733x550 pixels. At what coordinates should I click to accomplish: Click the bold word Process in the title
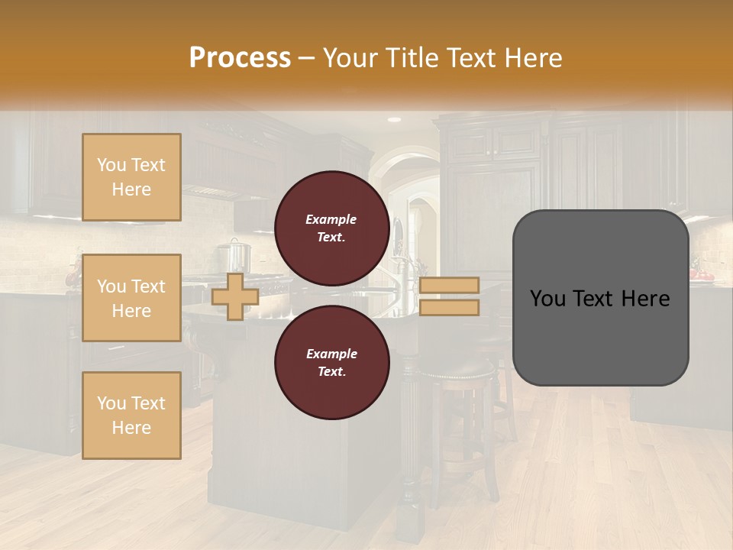point(240,58)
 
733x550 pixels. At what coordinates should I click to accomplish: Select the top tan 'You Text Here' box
point(131,177)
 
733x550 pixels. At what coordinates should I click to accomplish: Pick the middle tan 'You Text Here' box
point(131,298)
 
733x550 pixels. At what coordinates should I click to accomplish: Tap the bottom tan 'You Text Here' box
point(131,416)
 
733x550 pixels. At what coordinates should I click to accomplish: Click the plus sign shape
point(234,297)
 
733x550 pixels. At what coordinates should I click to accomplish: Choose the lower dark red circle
point(331,362)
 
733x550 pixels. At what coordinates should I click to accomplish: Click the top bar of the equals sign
point(449,286)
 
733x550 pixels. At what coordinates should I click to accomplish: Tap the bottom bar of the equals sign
point(449,307)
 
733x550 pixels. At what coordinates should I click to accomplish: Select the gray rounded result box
point(600,298)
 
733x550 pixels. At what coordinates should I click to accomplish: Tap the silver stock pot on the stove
point(235,256)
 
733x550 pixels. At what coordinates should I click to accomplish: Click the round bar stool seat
point(457,372)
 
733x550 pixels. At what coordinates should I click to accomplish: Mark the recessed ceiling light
point(394,120)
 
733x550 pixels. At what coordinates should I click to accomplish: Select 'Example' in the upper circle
point(331,219)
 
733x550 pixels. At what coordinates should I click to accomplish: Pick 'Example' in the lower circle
point(331,354)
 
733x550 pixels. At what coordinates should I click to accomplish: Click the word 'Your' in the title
point(348,58)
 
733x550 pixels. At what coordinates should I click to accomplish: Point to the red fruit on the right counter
point(700,273)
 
